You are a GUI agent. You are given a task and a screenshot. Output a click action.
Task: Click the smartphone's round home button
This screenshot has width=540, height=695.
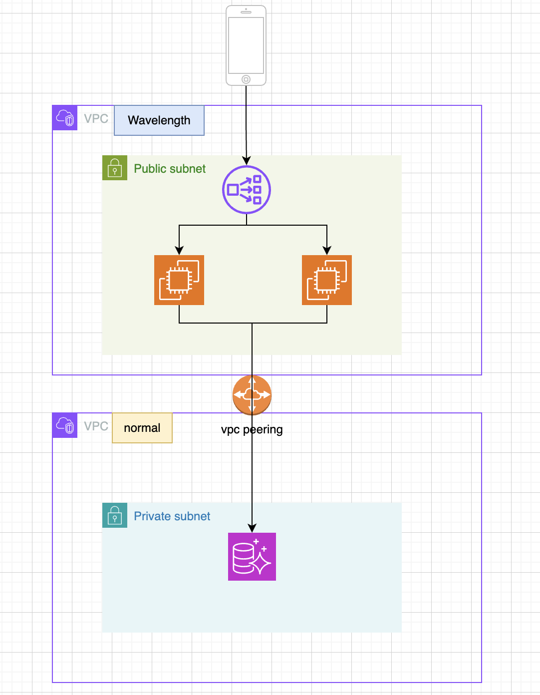[x=246, y=79]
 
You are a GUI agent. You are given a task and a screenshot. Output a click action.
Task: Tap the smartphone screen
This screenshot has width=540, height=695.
[x=246, y=45]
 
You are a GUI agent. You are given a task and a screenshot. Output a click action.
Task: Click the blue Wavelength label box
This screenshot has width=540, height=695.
[x=159, y=120]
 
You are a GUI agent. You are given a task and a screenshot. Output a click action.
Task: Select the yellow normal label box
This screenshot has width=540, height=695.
[x=142, y=428]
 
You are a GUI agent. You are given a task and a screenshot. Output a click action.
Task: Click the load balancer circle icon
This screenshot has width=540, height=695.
[x=247, y=190]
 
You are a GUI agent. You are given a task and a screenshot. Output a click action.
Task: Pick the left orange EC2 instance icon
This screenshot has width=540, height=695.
[x=179, y=280]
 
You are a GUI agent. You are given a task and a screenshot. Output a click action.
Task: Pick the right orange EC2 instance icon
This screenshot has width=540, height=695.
[x=327, y=280]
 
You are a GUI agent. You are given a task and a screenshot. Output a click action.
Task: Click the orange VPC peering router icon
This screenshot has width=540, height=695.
[x=252, y=395]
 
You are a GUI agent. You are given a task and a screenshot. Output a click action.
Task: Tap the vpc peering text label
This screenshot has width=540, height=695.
[x=252, y=429]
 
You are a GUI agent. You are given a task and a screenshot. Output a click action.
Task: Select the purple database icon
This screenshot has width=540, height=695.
[x=252, y=557]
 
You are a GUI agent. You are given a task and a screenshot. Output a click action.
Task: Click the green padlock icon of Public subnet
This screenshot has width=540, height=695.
[x=115, y=168]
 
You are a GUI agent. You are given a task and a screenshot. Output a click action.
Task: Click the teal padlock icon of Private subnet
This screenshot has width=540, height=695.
[x=115, y=515]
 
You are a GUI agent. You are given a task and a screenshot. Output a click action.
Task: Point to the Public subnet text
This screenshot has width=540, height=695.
[x=170, y=169]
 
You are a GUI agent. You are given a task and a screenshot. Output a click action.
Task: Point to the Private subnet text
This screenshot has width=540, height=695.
[x=172, y=516]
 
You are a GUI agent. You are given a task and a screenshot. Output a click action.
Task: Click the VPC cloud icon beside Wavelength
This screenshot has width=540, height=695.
[x=65, y=118]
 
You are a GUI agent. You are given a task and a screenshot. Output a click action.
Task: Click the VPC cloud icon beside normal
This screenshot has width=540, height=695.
[x=65, y=425]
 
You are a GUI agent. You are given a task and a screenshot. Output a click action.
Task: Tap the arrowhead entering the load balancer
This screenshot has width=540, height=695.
[x=247, y=160]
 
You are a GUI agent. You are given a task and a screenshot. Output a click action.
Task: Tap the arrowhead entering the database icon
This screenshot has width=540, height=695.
[x=252, y=528]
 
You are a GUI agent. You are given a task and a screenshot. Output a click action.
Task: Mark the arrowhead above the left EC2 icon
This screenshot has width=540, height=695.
[x=179, y=250]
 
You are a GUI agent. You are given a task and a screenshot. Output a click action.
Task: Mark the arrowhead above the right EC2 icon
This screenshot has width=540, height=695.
[x=327, y=250]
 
